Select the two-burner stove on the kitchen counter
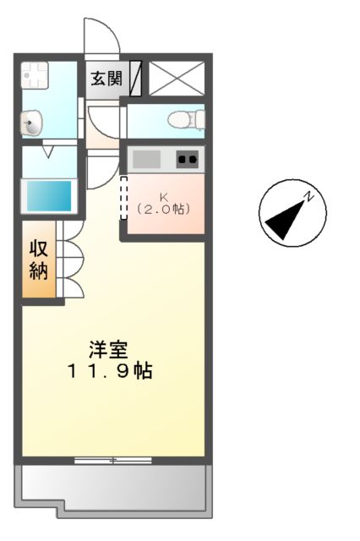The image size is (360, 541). (187, 158)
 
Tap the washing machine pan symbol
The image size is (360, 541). (35, 77)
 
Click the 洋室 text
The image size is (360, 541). (110, 348)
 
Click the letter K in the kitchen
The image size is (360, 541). (164, 195)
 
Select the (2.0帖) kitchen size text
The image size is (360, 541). (164, 208)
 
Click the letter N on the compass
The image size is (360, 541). (310, 197)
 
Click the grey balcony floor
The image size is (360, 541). (112, 485)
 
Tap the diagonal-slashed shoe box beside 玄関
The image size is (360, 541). (134, 79)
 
